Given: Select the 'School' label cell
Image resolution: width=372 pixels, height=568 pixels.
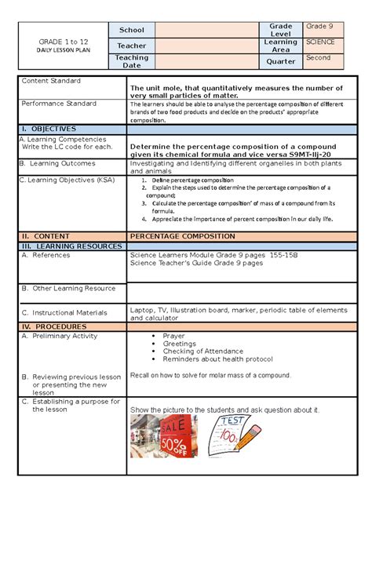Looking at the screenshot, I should [132, 30].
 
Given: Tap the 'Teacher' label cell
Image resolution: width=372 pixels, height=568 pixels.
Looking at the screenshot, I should [132, 46].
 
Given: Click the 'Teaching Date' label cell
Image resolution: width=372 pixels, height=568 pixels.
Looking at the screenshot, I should [132, 61].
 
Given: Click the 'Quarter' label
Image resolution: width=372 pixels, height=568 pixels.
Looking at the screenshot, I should [281, 61].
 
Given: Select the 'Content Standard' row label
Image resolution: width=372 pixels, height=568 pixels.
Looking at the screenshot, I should [51, 81].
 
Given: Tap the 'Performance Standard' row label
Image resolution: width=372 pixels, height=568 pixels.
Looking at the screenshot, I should [59, 104].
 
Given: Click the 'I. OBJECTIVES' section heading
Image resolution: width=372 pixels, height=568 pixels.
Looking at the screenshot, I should [49, 128].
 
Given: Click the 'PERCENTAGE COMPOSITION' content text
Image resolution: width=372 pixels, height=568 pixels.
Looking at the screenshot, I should [182, 235].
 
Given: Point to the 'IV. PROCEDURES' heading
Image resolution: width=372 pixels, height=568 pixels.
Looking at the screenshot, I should [54, 326].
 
